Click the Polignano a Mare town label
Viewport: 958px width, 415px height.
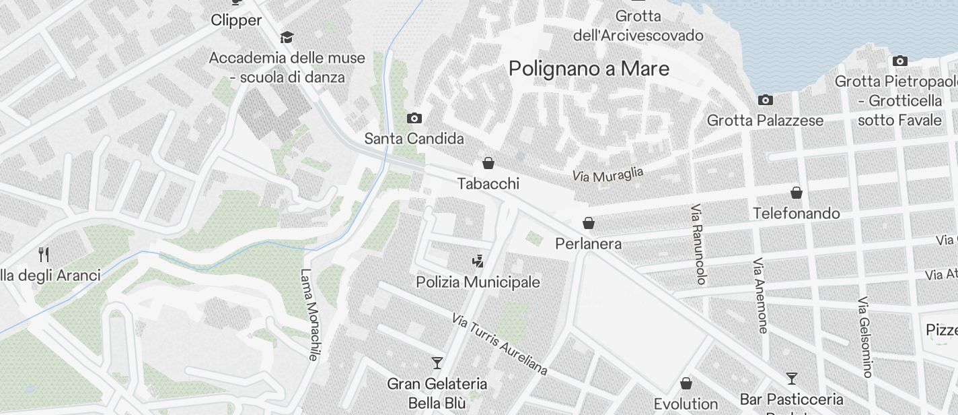pyautogui.click(x=589, y=69)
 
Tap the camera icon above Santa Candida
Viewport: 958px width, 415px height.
pyautogui.click(x=414, y=119)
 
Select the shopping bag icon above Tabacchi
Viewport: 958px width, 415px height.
pyautogui.click(x=488, y=163)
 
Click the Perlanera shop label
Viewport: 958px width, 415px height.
pyautogui.click(x=588, y=244)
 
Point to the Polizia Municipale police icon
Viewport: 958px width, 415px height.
pyautogui.click(x=478, y=261)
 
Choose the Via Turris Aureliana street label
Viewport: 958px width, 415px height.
pyautogui.click(x=499, y=344)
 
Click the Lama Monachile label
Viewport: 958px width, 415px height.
pyautogui.click(x=309, y=315)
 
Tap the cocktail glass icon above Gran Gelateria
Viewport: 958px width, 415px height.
pyautogui.click(x=437, y=363)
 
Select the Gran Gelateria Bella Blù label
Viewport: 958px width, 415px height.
pyautogui.click(x=437, y=393)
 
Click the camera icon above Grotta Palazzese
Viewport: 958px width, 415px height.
pyautogui.click(x=765, y=100)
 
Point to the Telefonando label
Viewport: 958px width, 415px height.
pyautogui.click(x=796, y=214)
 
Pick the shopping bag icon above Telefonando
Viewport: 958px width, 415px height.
pyautogui.click(x=797, y=193)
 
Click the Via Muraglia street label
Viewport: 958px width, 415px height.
pyautogui.click(x=607, y=174)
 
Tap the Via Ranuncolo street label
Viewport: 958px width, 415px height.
pyautogui.click(x=700, y=244)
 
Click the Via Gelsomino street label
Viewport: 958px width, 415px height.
pyautogui.click(x=864, y=336)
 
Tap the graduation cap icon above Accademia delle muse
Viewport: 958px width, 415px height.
pyautogui.click(x=287, y=37)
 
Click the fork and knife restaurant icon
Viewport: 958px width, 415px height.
pyautogui.click(x=44, y=255)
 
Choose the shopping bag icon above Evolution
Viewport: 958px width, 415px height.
pyautogui.click(x=686, y=383)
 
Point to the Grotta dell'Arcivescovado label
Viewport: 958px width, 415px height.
pyautogui.click(x=638, y=26)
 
